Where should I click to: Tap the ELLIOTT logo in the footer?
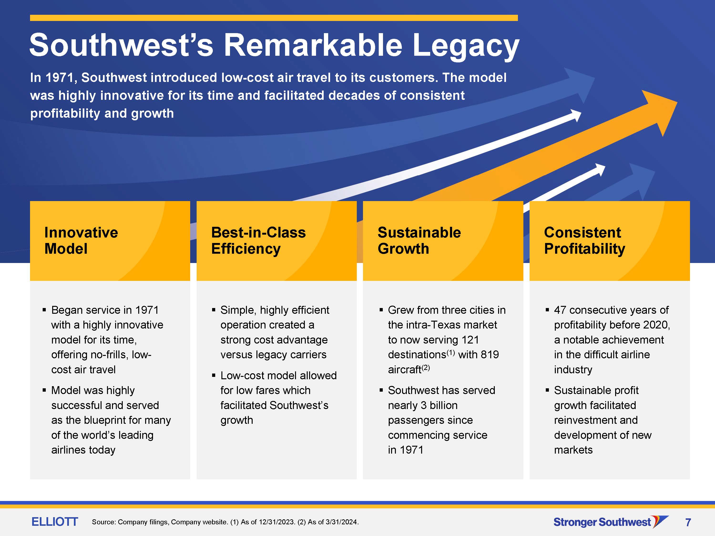click(55, 521)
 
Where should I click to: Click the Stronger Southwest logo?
click(611, 522)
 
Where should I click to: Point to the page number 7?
click(688, 522)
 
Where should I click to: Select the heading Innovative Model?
click(81, 240)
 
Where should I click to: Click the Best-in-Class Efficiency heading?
click(258, 240)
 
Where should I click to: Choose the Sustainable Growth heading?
click(419, 240)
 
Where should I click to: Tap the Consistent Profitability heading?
click(584, 241)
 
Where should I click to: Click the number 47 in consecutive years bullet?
click(560, 310)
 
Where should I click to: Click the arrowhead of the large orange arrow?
click(661, 111)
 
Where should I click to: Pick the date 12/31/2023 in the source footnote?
click(276, 522)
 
